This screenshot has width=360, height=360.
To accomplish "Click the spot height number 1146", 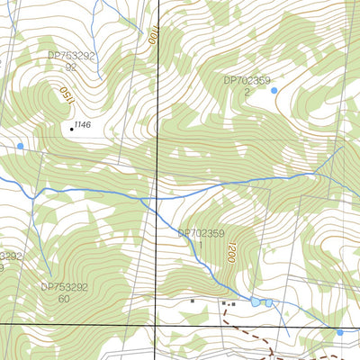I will [83, 124].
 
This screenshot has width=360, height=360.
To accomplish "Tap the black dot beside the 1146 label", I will [71, 129].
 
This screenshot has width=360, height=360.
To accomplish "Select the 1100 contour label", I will [152, 37].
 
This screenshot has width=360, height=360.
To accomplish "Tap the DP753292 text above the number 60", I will [64, 287].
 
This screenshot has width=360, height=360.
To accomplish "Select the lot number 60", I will [64, 299].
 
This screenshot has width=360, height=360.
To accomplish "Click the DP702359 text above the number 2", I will [247, 80].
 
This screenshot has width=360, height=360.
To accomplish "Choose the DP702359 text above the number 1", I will [202, 233].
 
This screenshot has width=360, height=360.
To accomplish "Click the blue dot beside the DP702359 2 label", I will [274, 90].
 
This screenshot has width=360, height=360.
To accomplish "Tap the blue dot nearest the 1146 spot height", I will [20, 145].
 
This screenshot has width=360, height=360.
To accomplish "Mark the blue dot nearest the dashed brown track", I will [339, 333].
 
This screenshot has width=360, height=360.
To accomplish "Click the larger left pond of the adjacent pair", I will [256, 302].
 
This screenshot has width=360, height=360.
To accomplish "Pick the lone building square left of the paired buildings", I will [192, 301].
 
